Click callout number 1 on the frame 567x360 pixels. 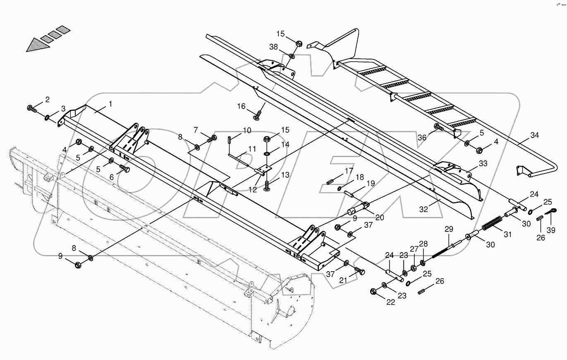click(111, 105)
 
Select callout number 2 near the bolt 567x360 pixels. click(48, 99)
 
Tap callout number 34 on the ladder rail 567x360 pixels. click(535, 135)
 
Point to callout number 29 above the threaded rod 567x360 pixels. click(449, 229)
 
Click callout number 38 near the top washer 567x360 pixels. click(274, 48)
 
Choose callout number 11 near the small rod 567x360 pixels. click(252, 149)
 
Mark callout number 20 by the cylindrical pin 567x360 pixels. click(380, 217)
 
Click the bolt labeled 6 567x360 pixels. click(124, 169)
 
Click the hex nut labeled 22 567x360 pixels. click(373, 291)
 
